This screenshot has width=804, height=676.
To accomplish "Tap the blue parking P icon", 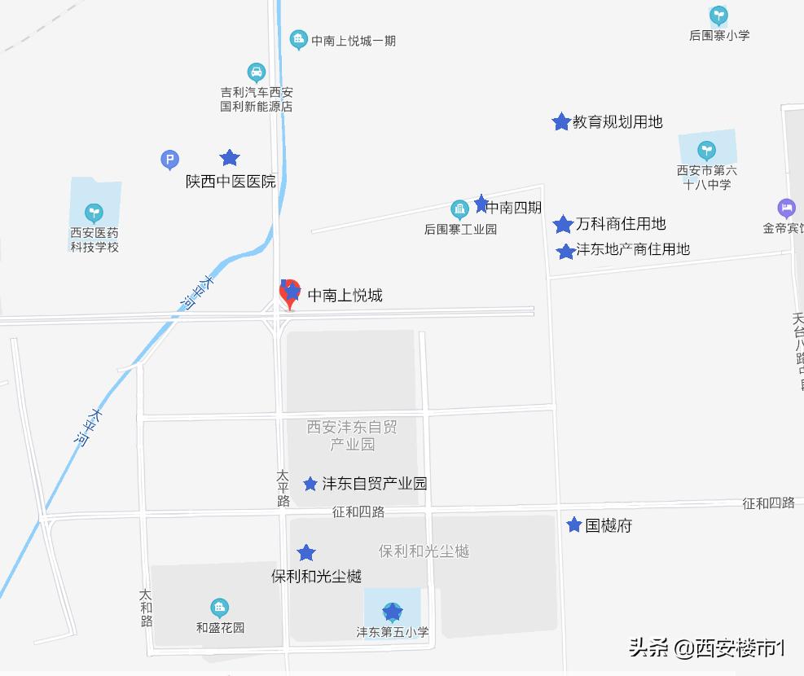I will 169,160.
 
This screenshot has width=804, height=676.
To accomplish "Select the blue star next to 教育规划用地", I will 560,122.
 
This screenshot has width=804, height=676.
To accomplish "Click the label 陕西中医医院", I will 231,182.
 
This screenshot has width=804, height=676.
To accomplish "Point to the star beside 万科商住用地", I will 563,225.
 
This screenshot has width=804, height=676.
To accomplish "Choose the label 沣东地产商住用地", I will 633,249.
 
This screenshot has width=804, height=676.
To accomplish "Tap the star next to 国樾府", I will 574,525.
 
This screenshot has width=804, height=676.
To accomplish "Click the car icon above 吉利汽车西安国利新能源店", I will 257,72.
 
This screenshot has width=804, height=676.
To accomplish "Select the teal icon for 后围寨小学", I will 718,15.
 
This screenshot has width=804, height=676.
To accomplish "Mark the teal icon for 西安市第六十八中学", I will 706,151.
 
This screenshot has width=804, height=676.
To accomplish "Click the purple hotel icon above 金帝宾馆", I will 786,209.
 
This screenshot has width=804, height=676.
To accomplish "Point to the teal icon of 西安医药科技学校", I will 94,213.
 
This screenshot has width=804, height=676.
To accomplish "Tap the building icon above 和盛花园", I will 219,608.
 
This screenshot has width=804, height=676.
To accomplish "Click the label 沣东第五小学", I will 392,631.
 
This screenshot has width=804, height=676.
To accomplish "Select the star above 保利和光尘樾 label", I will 306,554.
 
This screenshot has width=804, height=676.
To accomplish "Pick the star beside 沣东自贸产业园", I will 310,485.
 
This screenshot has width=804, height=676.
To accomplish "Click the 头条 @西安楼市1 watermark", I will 706,648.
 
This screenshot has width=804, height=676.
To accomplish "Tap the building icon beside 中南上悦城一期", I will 298,39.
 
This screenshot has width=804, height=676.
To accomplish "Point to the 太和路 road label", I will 146,608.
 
